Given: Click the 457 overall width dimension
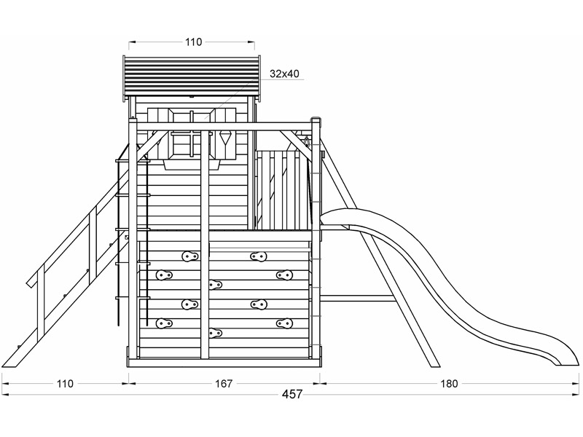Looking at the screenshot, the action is click(292, 394).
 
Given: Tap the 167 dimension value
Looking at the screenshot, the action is click(224, 384).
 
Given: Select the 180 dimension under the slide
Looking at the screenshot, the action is click(449, 384).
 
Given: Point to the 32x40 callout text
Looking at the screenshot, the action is click(284, 74).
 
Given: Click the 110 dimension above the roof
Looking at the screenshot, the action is click(193, 42).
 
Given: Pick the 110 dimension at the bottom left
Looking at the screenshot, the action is click(65, 384).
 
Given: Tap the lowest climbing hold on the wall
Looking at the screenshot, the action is click(215, 333).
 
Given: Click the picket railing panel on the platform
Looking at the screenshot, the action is click(283, 189).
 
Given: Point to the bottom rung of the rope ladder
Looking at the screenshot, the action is click(133, 298).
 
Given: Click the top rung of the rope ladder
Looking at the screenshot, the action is click(133, 160).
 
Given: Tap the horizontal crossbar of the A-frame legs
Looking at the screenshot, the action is click(357, 298).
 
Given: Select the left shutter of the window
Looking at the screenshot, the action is click(160, 133).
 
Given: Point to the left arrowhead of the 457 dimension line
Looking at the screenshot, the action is click(5, 394).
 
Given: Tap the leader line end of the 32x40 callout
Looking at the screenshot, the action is click(204, 119).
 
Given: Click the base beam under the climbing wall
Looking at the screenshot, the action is click(224, 363).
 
